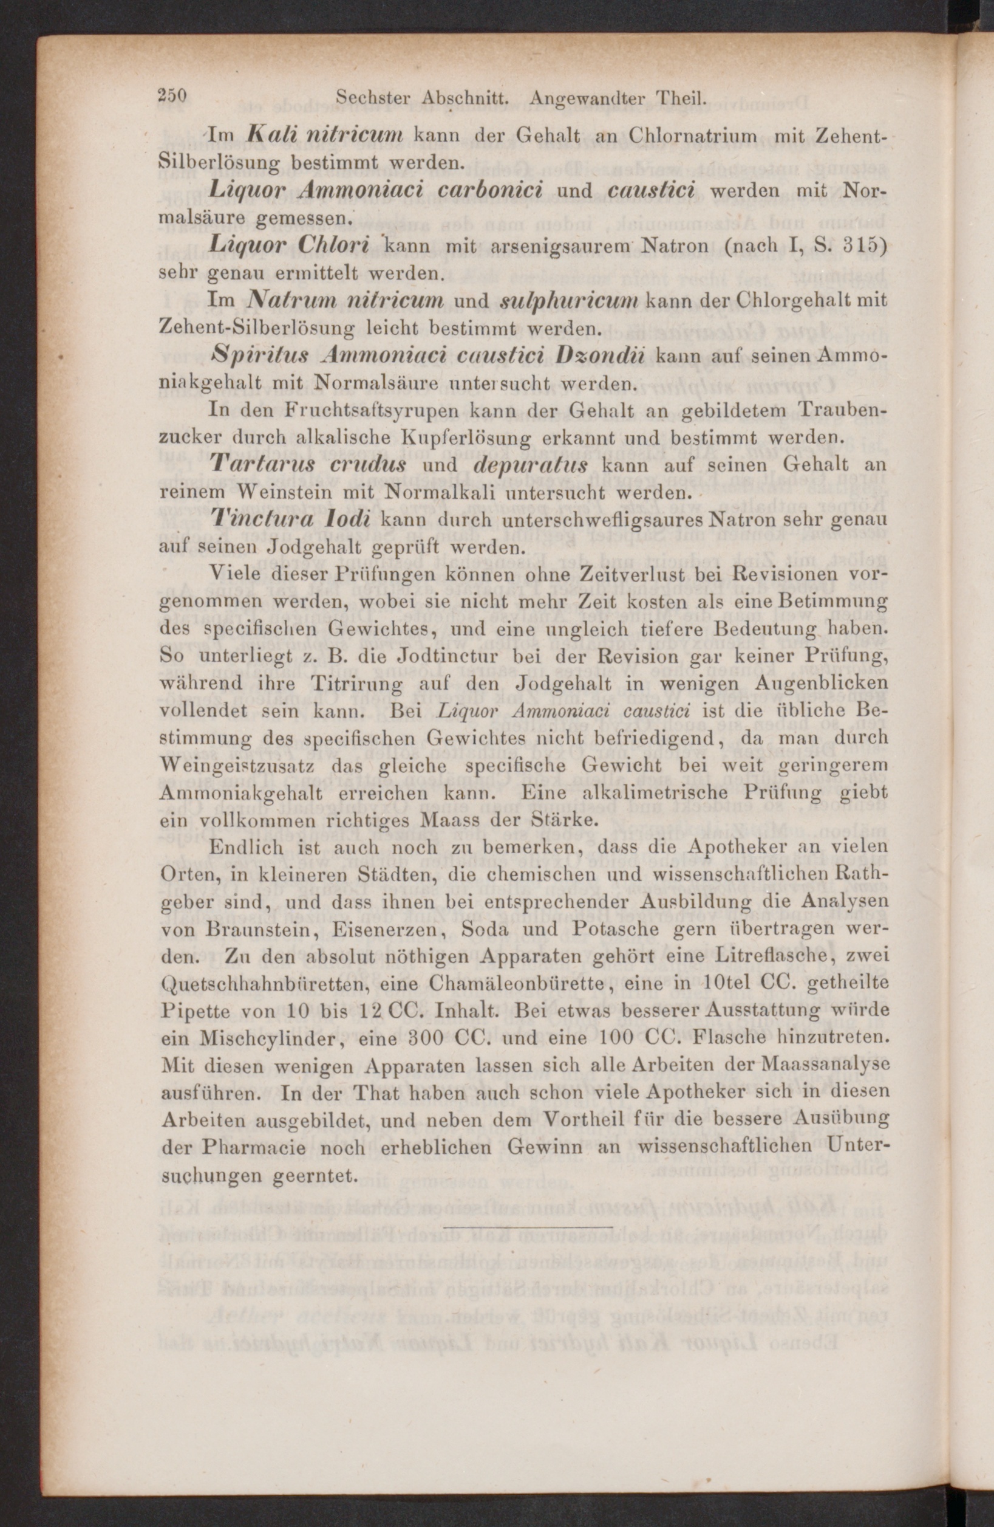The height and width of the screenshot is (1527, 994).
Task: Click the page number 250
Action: (x=172, y=97)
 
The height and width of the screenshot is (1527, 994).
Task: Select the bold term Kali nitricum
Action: (x=324, y=135)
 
